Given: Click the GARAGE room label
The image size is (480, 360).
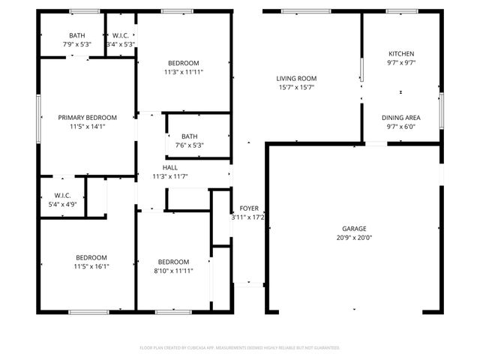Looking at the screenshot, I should click(355, 228).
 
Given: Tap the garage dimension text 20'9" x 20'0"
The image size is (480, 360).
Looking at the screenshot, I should click(355, 237).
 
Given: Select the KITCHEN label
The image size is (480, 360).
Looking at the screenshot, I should click(400, 54).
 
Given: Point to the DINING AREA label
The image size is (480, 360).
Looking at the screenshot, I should click(400, 117).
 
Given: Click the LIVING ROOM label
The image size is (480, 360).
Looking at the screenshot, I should click(296, 78).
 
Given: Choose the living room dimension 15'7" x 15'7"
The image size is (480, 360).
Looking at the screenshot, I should click(296, 87).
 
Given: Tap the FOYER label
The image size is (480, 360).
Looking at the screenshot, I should click(249, 208).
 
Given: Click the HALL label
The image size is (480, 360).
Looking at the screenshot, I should click(170, 167).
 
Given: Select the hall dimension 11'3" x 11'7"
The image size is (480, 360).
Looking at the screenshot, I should click(170, 176).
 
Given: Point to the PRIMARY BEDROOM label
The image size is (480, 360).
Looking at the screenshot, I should click(88, 117).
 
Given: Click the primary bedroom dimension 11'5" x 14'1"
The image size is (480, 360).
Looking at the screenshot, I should click(88, 126).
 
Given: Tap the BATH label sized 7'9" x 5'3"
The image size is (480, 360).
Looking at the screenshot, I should click(77, 35).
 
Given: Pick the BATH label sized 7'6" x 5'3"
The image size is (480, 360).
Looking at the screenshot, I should click(189, 136).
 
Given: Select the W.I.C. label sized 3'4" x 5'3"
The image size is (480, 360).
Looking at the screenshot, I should click(121, 35).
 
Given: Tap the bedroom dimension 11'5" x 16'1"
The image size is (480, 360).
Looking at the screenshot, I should click(91, 266).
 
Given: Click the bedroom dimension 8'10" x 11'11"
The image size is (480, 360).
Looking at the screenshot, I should click(173, 271).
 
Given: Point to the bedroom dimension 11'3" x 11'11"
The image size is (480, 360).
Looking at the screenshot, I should click(184, 72).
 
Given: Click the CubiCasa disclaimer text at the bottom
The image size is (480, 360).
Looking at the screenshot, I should click(240, 348).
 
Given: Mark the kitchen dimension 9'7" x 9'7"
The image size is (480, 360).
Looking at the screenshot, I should click(400, 63).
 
